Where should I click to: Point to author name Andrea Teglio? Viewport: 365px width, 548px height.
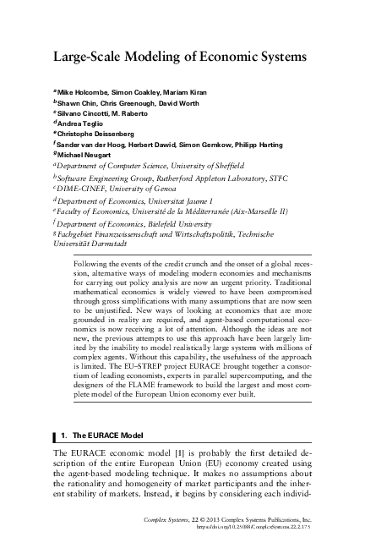click(x=82, y=123)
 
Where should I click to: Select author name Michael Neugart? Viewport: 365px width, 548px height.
click(x=86, y=154)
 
